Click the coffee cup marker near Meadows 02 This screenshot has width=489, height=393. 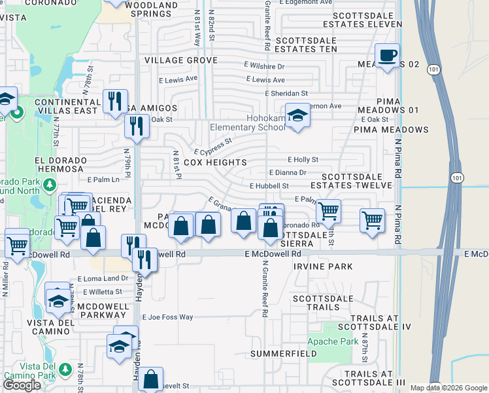[387, 54]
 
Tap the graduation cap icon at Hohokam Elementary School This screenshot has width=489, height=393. [297, 116]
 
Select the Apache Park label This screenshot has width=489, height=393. [333, 341]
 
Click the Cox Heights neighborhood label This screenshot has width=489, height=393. [215, 162]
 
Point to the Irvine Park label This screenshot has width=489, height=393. [323, 267]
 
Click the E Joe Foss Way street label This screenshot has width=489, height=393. [168, 317]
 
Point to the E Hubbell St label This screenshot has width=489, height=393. [269, 186]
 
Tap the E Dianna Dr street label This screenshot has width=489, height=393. [288, 173]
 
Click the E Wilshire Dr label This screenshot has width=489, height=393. [265, 66]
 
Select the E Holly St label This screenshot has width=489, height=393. [303, 159]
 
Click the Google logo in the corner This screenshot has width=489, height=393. [22, 385]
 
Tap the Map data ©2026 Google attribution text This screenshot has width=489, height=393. [448, 388]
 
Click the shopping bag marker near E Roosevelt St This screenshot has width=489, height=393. [151, 378]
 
